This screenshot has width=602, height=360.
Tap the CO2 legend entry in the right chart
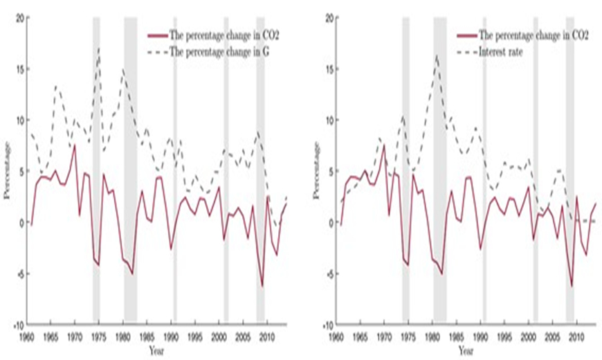point(533,36)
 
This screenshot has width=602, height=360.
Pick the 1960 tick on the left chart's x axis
point(26,334)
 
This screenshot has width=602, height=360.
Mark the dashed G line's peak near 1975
point(99,48)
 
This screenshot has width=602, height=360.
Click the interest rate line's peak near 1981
point(437,55)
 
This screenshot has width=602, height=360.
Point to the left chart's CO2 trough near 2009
point(262,287)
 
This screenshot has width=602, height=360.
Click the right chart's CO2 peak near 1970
point(383,145)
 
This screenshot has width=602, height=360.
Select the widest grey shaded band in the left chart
point(130,170)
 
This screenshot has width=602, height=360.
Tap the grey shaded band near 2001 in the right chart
point(536,170)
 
